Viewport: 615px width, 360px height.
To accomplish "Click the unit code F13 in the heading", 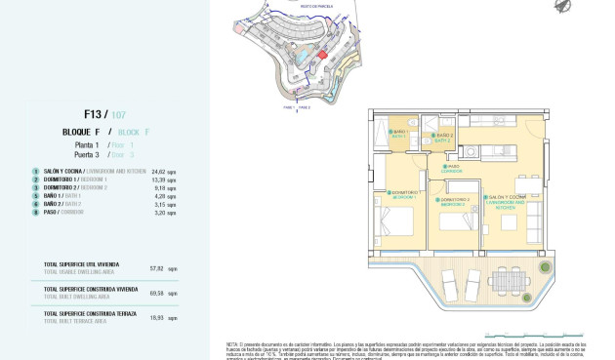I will click(94, 113).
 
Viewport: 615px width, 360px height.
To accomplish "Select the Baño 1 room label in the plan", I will click(398, 135).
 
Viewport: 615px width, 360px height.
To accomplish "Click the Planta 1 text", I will click(89, 144).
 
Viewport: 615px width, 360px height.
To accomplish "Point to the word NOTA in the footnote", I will click(233, 343).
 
